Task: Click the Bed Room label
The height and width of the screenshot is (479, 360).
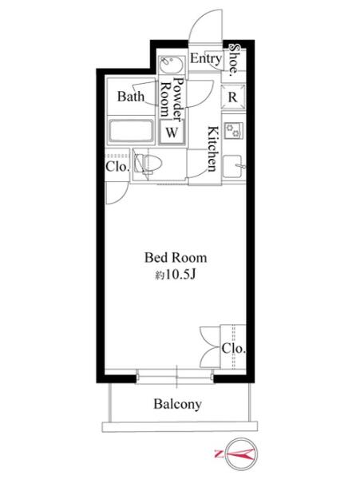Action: point(176,258)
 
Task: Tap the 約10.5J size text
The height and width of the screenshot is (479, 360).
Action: point(175,275)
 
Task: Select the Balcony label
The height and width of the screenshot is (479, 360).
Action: point(177,404)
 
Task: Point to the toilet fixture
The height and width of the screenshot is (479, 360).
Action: point(148,164)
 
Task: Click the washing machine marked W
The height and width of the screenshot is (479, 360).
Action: point(172,132)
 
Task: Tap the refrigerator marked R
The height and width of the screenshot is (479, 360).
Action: point(233,97)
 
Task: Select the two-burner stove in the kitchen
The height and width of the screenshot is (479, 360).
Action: point(234,131)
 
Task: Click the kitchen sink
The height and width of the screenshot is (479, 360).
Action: point(234,167)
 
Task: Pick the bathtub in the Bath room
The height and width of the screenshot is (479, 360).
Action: point(131,131)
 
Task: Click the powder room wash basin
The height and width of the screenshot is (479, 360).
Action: point(172,65)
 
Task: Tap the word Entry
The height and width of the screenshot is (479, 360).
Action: point(206,58)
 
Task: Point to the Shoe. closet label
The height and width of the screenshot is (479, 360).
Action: point(235,59)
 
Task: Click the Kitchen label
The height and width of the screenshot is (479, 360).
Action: point(212,148)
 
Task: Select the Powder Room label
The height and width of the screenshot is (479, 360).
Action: point(173,98)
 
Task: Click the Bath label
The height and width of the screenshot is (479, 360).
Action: point(131,97)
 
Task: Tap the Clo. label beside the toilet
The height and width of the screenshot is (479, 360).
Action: point(117,167)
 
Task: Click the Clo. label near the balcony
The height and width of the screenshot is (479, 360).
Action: point(234,348)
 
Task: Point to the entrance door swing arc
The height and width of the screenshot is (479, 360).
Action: point(197,19)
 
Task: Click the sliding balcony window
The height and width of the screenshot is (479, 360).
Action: point(175,376)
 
